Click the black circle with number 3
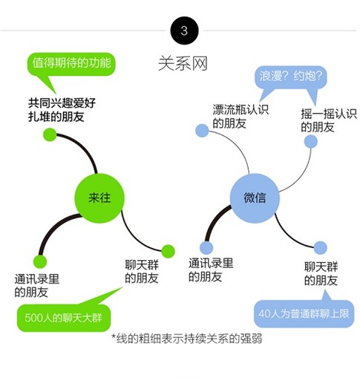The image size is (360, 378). pyautogui.click(x=184, y=30)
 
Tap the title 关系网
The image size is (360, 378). pyautogui.click(x=183, y=64)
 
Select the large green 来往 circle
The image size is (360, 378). pyautogui.click(x=99, y=198)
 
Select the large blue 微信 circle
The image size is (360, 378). pyautogui.click(x=255, y=198)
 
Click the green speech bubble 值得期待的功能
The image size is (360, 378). pyautogui.click(x=71, y=64)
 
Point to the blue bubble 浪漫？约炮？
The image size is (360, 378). pyautogui.click(x=290, y=77)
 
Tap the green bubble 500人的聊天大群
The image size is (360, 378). pyautogui.click(x=64, y=318)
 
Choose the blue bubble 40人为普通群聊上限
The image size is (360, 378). pyautogui.click(x=304, y=313)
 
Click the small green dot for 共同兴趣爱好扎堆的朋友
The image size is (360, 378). pyautogui.click(x=50, y=134)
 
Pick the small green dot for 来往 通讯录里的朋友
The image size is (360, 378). pyautogui.click(x=40, y=261)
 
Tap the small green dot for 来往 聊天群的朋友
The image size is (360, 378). pyautogui.click(x=168, y=251)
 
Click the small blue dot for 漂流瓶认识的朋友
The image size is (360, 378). pyautogui.click(x=202, y=131)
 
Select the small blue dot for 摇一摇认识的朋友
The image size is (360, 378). pyautogui.click(x=310, y=141)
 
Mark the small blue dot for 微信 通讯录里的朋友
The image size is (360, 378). pyautogui.click(x=206, y=247)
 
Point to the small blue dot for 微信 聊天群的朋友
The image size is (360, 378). pyautogui.click(x=321, y=248)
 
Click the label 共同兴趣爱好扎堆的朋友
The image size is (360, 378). pyautogui.click(x=62, y=110)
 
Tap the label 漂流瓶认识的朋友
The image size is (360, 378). pyautogui.click(x=240, y=117)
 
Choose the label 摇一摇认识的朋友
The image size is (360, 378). pyautogui.click(x=329, y=120)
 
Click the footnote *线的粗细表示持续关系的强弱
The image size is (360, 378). pyautogui.click(x=187, y=339)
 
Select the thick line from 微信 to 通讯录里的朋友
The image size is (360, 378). pyautogui.click(x=214, y=221)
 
